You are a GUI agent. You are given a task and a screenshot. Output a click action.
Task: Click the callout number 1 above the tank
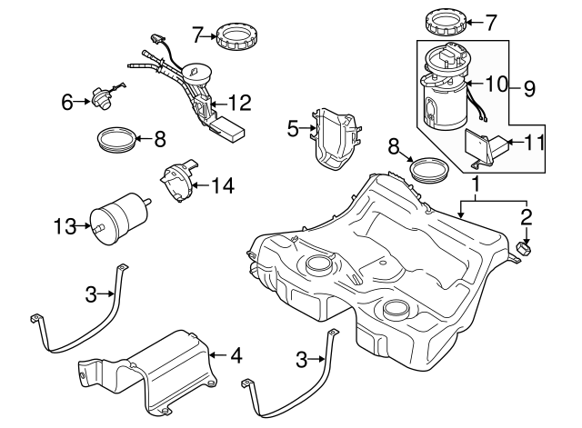point(475,184)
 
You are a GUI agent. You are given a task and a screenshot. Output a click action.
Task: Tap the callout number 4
point(236,355)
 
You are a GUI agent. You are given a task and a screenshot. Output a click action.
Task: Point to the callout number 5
point(294,129)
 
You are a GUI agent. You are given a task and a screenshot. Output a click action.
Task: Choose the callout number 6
point(67,103)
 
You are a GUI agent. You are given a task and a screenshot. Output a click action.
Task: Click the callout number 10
point(495,84)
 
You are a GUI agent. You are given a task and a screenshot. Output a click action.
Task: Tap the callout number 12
point(238,103)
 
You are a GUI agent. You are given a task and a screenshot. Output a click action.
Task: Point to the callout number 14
point(223,185)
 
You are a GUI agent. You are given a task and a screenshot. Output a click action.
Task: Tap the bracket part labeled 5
point(336,136)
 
